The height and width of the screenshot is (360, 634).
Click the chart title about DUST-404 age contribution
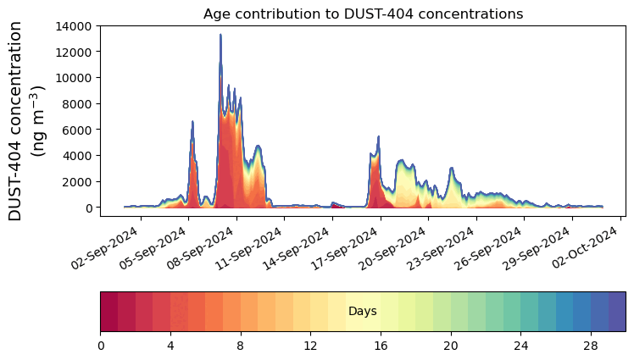click(x=363, y=14)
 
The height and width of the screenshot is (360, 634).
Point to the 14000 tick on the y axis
click(x=75, y=25)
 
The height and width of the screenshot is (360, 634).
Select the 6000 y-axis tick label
click(x=78, y=130)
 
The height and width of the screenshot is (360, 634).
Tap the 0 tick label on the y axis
click(x=89, y=208)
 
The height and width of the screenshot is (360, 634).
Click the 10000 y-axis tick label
click(x=75, y=78)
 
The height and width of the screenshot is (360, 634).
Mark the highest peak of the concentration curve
click(x=220, y=36)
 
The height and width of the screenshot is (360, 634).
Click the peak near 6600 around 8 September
click(x=192, y=122)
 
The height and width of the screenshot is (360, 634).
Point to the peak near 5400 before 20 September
click(x=378, y=137)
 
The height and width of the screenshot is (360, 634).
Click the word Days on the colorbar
click(x=363, y=312)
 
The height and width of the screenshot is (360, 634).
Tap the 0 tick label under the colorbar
click(x=101, y=346)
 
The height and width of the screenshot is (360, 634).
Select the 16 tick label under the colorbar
click(x=381, y=346)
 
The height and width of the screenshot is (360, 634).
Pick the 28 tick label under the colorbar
click(x=591, y=346)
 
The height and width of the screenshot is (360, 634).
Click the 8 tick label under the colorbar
click(x=241, y=346)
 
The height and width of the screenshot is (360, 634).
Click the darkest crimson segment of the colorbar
click(x=109, y=312)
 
